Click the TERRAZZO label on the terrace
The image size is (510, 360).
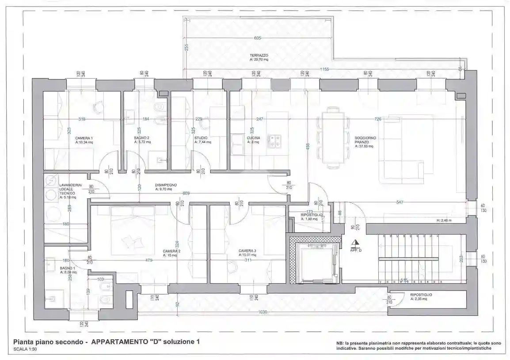point(259,55)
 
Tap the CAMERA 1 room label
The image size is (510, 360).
point(84,138)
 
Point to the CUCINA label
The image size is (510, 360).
point(253,138)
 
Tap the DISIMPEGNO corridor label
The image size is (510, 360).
point(166,185)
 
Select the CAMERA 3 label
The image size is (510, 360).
point(247,250)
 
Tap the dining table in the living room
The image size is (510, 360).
point(333,137)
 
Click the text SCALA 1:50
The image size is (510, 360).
point(26,349)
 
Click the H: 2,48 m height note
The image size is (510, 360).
point(444,220)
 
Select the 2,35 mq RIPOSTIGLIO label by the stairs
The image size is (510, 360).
point(421,296)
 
